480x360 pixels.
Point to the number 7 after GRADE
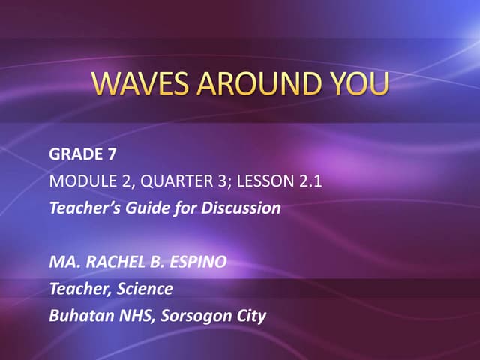click(112, 155)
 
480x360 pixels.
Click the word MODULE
click(78, 181)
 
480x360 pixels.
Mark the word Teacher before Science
click(76, 289)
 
